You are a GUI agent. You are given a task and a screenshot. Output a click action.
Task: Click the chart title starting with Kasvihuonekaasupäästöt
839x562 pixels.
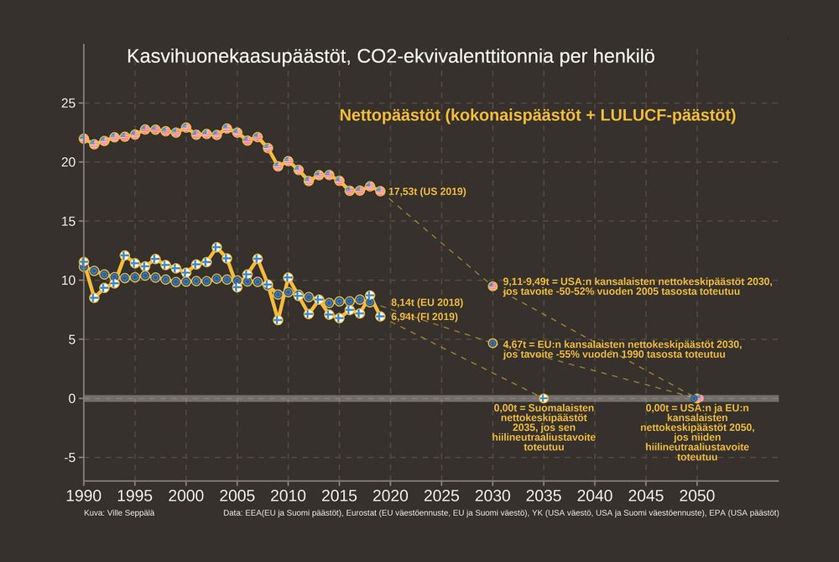pyautogui.click(x=390, y=57)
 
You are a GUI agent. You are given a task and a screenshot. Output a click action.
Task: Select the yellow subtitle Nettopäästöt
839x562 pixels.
pyautogui.click(x=537, y=115)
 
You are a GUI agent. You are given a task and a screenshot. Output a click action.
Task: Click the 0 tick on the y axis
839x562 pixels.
pyautogui.click(x=71, y=398)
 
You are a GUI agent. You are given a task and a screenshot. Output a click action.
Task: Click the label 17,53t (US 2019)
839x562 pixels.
pyautogui.click(x=427, y=192)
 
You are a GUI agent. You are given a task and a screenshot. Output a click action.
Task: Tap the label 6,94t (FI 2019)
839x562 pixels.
pyautogui.click(x=424, y=317)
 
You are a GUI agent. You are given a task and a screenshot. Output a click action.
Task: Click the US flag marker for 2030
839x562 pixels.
pyautogui.click(x=492, y=286)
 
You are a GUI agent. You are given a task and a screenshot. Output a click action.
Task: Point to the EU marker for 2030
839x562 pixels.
pyautogui.click(x=492, y=343)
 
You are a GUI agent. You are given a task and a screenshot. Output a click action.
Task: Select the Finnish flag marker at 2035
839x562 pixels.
pyautogui.click(x=544, y=398)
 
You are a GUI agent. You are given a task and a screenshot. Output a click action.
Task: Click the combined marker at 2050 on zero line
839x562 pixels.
pyautogui.click(x=696, y=398)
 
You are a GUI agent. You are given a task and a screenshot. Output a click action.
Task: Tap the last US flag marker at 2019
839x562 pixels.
pyautogui.click(x=380, y=192)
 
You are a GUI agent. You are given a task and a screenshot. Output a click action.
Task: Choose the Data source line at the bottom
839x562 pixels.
pyautogui.click(x=500, y=512)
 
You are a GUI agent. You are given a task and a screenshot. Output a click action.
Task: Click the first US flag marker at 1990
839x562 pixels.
pyautogui.click(x=84, y=139)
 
